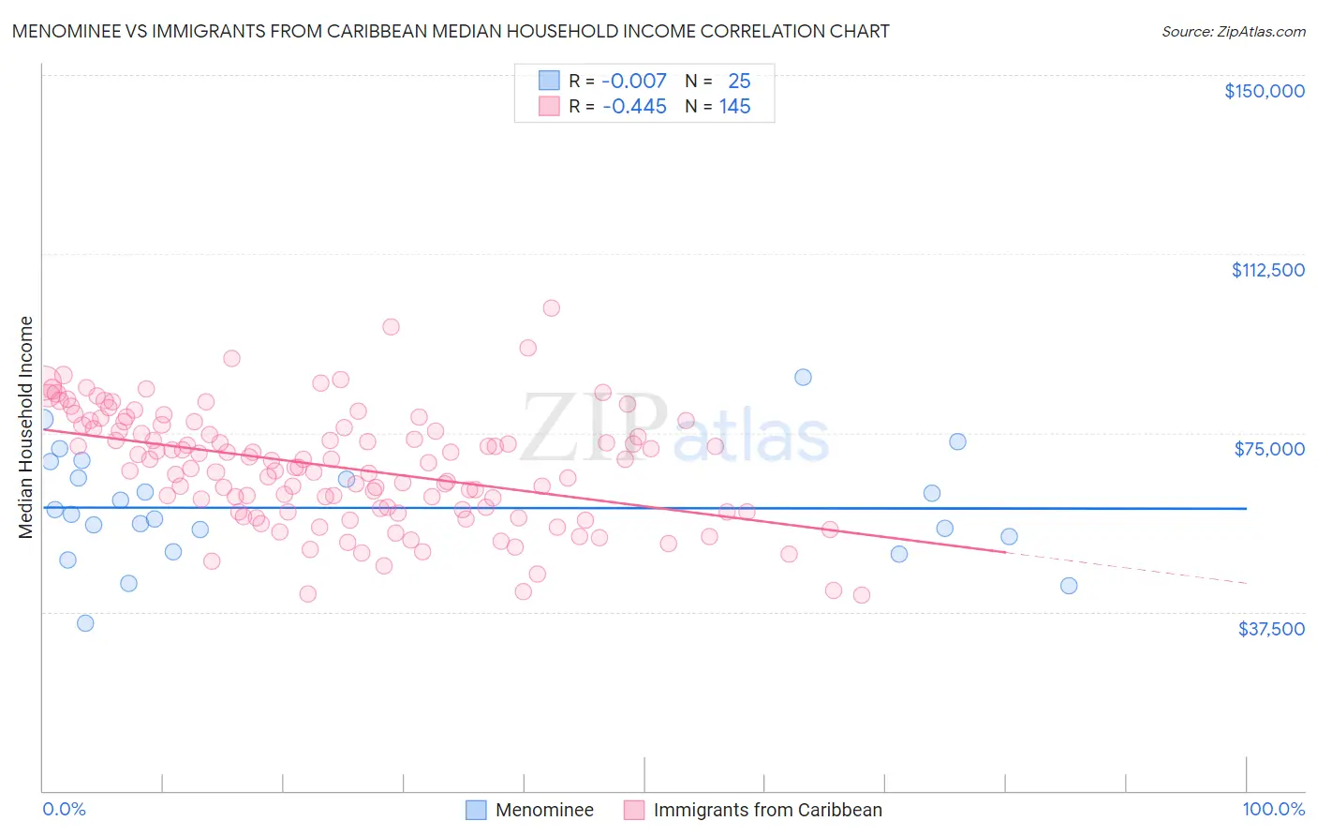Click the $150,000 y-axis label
1264,91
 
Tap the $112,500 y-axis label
1267,270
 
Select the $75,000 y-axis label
1269,449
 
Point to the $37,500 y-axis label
1271,629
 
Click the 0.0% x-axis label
64,809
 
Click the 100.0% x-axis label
1273,809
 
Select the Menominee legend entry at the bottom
544,810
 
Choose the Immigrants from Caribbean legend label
767,810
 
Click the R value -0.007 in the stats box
634,82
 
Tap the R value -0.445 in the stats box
634,107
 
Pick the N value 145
734,107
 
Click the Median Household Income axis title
25,427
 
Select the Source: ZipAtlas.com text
1233,32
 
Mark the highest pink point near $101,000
551,308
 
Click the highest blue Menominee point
803,377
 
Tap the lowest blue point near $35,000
85,623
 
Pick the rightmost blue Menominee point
1069,586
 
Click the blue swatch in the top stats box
549,82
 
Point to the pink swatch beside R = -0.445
549,107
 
